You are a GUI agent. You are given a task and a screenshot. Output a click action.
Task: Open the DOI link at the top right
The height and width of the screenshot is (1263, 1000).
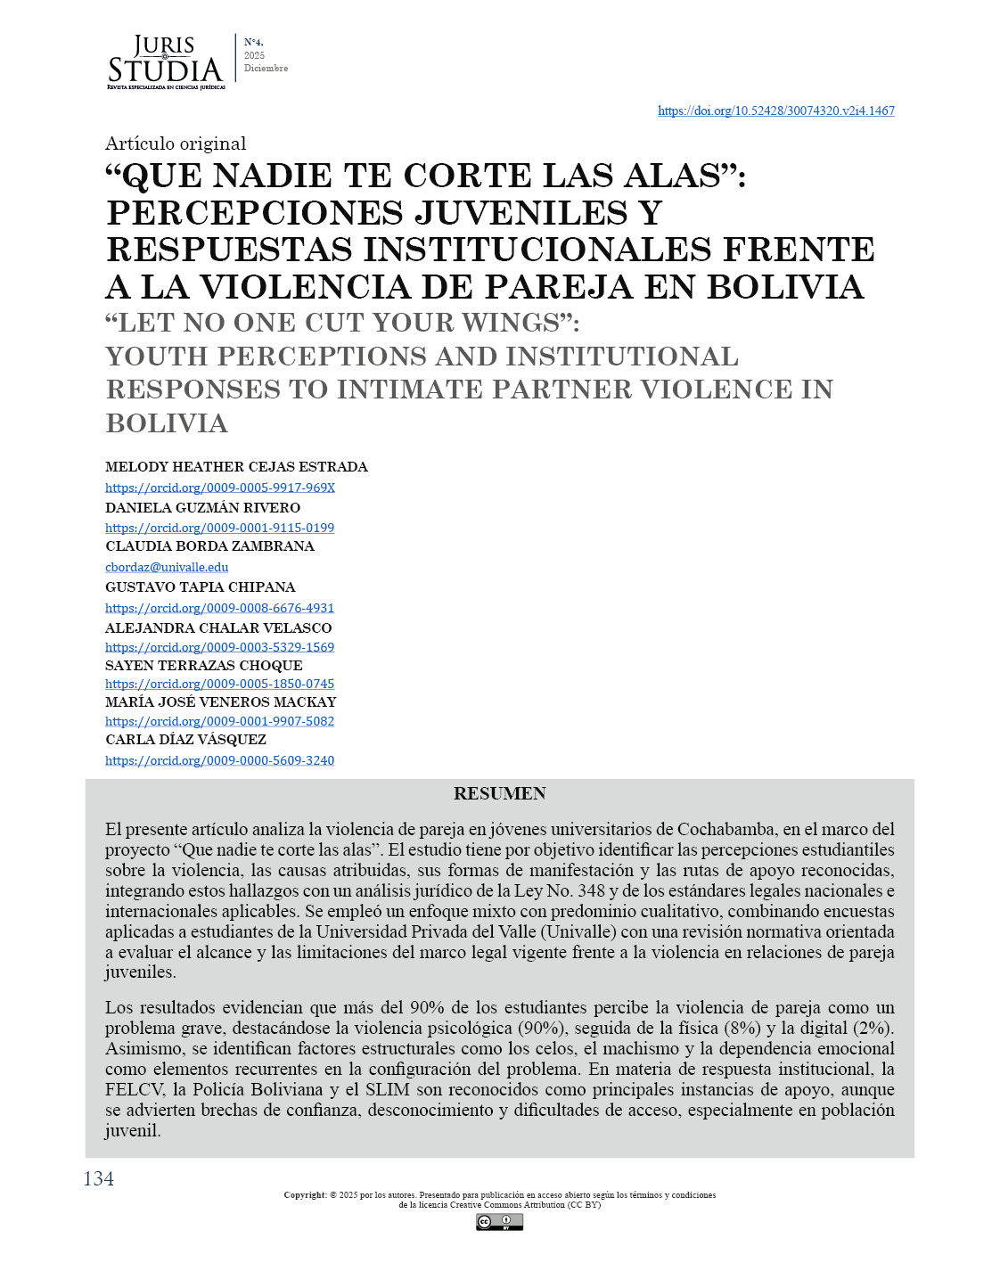click(775, 111)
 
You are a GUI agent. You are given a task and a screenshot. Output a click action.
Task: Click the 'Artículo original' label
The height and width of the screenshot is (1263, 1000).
click(176, 144)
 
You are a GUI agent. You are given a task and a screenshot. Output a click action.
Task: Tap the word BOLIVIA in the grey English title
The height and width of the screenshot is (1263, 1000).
click(167, 423)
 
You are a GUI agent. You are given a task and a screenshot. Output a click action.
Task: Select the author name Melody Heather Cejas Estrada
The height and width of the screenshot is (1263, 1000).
click(236, 467)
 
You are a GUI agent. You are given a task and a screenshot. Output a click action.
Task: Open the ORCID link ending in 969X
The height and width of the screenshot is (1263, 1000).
click(220, 488)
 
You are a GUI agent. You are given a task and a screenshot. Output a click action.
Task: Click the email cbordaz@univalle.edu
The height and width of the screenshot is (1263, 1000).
click(167, 567)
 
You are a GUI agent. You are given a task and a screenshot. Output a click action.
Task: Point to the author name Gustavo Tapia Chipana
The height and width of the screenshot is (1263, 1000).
click(201, 587)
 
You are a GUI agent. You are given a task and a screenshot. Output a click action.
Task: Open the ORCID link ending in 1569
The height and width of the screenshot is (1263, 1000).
click(220, 647)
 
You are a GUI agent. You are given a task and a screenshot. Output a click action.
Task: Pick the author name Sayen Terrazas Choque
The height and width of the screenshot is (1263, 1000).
click(204, 666)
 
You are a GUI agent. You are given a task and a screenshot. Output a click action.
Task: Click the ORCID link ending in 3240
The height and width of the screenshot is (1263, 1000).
click(220, 760)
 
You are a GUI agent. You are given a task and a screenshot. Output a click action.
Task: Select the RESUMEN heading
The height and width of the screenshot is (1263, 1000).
click(499, 793)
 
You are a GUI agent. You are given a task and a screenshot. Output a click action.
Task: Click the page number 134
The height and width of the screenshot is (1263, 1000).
click(99, 1179)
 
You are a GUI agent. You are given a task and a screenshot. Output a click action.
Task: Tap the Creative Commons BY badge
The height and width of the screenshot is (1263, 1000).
click(499, 1222)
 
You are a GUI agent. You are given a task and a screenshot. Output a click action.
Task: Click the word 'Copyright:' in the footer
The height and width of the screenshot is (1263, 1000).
click(305, 1195)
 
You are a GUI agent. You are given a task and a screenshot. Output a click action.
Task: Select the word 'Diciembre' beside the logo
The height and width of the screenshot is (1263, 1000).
click(266, 69)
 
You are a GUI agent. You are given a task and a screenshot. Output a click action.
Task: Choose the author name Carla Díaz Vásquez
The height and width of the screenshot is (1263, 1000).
click(185, 740)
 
